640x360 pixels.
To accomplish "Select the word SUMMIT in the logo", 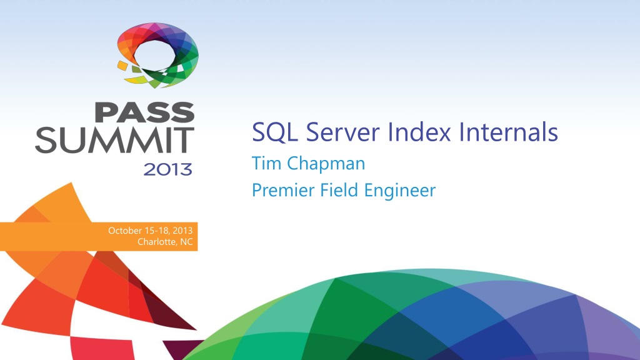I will click(x=114, y=141).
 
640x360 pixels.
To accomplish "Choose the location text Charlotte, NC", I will click(x=164, y=242).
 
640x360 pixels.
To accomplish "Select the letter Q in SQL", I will click(x=272, y=133).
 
